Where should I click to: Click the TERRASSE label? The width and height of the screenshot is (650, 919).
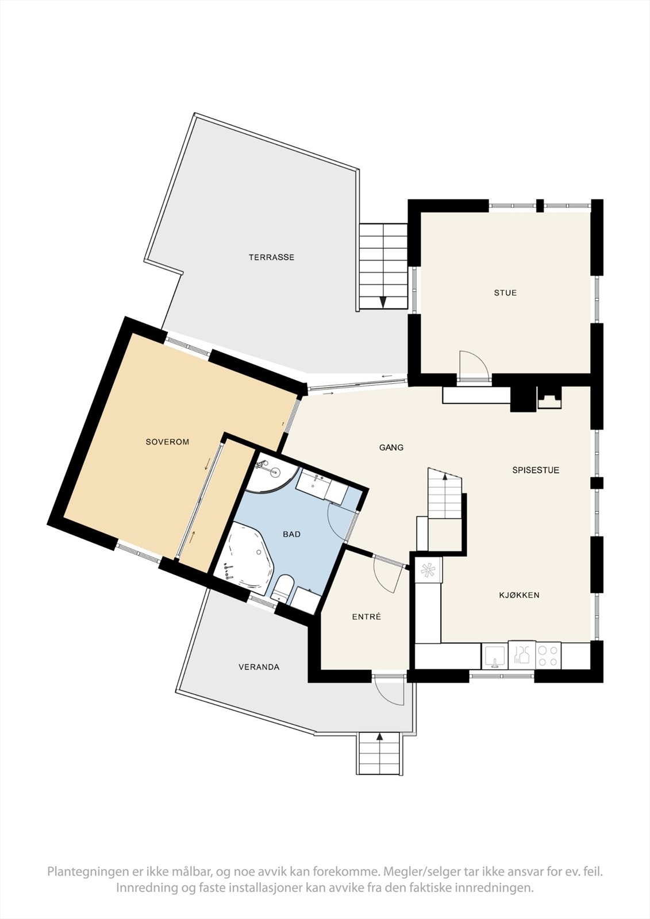coord(271,257)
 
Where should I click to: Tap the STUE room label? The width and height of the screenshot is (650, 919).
coord(505,293)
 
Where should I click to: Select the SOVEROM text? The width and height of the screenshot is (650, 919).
coord(167,442)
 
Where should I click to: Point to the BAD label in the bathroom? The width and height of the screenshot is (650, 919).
coord(291,534)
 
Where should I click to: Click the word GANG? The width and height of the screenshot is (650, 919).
coord(391,447)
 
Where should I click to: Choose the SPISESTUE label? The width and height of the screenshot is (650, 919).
coord(536,470)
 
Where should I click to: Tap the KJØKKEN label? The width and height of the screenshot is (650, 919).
coord(518,595)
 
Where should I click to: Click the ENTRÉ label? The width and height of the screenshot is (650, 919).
coord(366,617)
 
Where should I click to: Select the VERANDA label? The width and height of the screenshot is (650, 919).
coord(259,667)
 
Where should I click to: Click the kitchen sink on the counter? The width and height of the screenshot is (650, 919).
coord(494,655)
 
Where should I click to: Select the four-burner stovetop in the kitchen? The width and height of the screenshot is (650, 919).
coord(548,655)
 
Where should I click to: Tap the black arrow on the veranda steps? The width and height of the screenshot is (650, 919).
coord(379,736)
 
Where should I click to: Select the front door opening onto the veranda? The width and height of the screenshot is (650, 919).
coord(390,689)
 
